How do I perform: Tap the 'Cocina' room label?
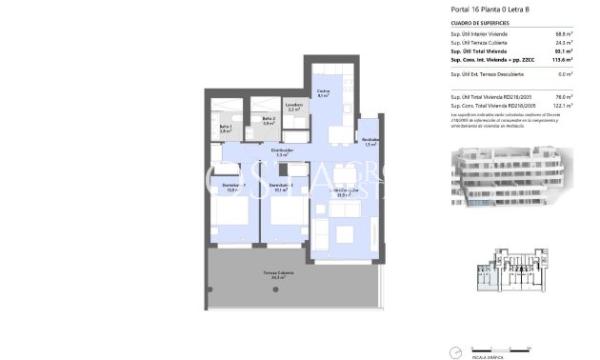[324, 91]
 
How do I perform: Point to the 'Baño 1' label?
[226, 129]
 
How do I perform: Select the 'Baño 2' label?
[269, 120]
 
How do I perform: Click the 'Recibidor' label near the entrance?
[370, 142]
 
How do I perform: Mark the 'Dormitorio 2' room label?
[280, 186]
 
